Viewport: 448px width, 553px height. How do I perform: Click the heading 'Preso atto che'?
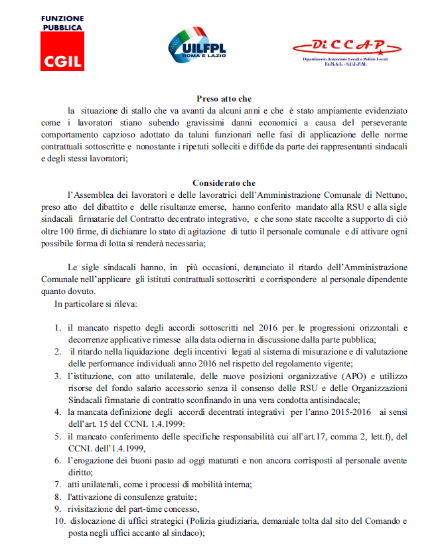point(224,98)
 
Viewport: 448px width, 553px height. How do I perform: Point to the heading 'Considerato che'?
point(224,182)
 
